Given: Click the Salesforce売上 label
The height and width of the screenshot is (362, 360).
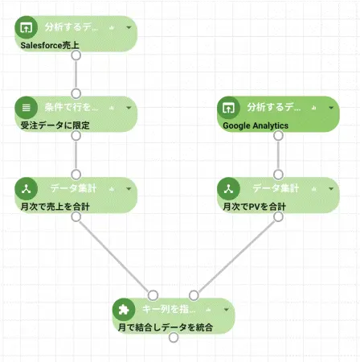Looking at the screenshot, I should pyautogui.click(x=50, y=45).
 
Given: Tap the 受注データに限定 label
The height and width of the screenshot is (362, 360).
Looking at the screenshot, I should pyautogui.click(x=54, y=125).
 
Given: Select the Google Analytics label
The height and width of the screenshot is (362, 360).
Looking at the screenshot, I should pyautogui.click(x=256, y=125).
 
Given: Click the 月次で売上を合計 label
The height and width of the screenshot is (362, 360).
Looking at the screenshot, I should pyautogui.click(x=55, y=207).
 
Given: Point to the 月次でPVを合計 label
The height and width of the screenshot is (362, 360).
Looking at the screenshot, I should pyautogui.click(x=254, y=207).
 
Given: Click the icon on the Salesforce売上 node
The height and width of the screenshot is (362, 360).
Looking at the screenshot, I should pyautogui.click(x=26, y=27).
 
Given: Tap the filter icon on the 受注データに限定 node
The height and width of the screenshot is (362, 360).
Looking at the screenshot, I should pyautogui.click(x=26, y=107).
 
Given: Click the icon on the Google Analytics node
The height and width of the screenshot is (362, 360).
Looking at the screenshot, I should pyautogui.click(x=228, y=107).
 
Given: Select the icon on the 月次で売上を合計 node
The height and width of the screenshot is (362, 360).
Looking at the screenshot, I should pyautogui.click(x=26, y=188).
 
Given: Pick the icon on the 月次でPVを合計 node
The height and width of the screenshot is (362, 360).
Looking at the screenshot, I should pyautogui.click(x=228, y=188).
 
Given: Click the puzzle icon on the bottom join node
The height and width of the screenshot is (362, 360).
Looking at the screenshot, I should pyautogui.click(x=122, y=309).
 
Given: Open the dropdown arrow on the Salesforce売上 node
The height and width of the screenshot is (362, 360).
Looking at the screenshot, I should pyautogui.click(x=129, y=27).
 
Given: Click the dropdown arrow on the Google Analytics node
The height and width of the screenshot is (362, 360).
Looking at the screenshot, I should pyautogui.click(x=331, y=107).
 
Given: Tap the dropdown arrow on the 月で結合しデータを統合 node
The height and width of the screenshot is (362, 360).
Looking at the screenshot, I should pyautogui.click(x=226, y=309).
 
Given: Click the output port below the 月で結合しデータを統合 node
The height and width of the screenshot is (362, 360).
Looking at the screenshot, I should pyautogui.click(x=173, y=338).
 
